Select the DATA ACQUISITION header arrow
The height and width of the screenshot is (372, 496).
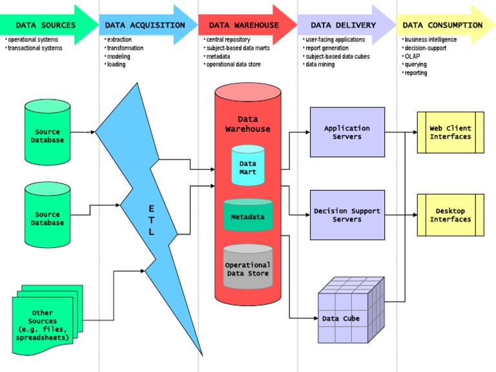145,25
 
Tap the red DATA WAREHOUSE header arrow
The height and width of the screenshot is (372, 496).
244,25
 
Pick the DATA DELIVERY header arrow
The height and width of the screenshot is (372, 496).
344,25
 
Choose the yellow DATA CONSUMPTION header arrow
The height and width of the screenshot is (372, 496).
443,25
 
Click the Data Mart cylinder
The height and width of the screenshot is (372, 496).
248,167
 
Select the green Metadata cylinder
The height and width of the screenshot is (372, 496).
248,216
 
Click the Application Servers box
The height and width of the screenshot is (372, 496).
347,132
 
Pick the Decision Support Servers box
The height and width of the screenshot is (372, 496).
347,215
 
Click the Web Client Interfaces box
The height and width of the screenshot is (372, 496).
451,132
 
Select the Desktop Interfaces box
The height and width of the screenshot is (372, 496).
451,215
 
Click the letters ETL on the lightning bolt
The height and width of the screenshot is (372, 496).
151,220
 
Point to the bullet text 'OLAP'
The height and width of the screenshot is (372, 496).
412,56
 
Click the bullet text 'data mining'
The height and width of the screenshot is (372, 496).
320,65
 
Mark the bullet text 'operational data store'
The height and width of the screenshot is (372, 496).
232,65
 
